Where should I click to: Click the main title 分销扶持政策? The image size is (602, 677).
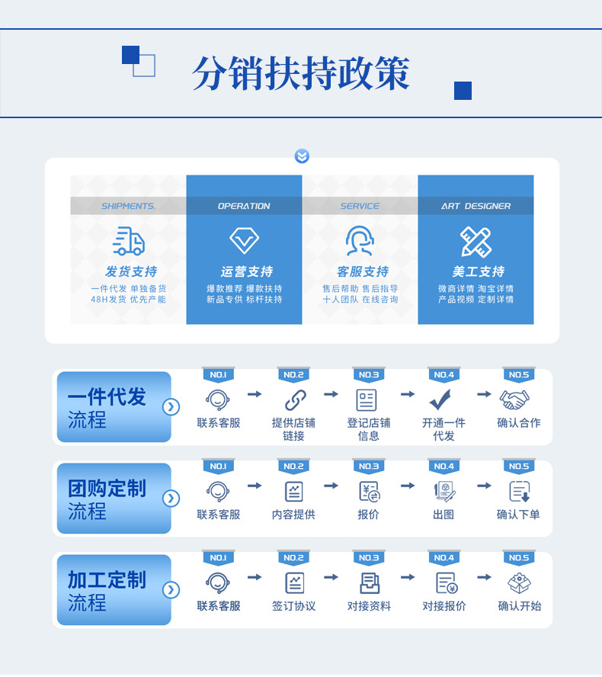point(301,74)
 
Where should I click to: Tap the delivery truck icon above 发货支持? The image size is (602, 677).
point(129,241)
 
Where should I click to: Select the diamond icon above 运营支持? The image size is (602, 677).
point(244,241)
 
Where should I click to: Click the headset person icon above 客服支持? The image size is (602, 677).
point(360,241)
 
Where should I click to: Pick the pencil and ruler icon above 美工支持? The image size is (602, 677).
point(476,241)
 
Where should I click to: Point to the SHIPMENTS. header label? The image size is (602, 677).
point(128,206)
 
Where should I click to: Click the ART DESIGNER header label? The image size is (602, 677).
point(476,206)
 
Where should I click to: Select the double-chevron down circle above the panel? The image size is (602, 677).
point(302,156)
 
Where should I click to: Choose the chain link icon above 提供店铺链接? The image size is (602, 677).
point(294,399)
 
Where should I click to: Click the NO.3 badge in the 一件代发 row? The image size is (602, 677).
point(368,375)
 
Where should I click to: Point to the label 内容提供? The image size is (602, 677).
point(293,515)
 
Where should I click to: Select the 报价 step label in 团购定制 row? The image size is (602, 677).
point(368,515)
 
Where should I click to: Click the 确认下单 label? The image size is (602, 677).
point(518,515)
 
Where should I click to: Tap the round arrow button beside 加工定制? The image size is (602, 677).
point(171,589)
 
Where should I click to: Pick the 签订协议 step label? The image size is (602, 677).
point(293,606)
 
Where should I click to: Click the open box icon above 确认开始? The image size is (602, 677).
point(519,582)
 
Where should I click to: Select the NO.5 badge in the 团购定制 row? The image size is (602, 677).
point(518,467)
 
